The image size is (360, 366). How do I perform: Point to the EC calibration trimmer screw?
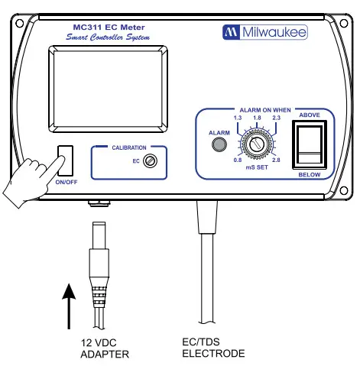[152, 161]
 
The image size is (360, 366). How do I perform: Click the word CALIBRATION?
[129, 147]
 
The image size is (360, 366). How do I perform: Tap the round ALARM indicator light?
[219, 144]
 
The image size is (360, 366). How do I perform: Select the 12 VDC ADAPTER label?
[105, 348]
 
